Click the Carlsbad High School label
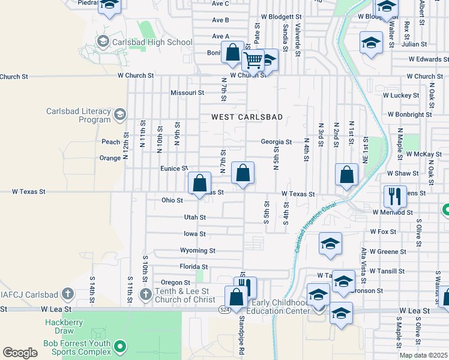click(x=155, y=42)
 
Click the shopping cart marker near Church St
click(x=253, y=60)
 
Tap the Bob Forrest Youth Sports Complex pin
click(x=120, y=346)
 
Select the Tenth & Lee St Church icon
click(x=145, y=294)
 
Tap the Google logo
click(x=20, y=353)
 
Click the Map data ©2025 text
click(x=423, y=355)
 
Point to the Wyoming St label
click(x=197, y=250)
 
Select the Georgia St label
click(x=276, y=142)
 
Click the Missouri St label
click(x=187, y=93)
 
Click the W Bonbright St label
click(x=410, y=114)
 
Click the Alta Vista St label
click(x=364, y=264)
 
